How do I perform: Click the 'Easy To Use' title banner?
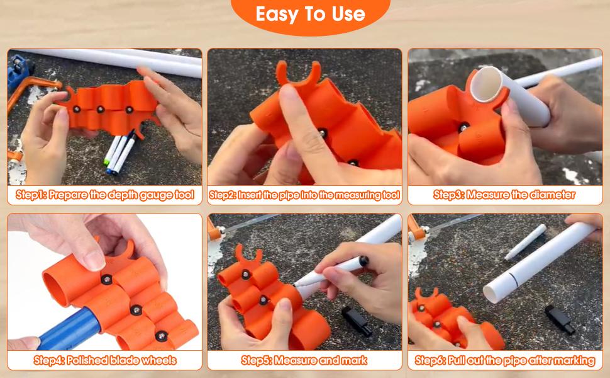(x=310, y=15)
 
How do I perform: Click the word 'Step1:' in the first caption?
(x=31, y=195)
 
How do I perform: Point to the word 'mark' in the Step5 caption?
(x=354, y=360)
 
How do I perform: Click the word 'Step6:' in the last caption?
(x=430, y=360)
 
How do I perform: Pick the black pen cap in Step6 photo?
(x=560, y=319)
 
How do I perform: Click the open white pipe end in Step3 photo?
(x=486, y=84)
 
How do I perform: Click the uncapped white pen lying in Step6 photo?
(x=525, y=242)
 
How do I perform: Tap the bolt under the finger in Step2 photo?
(x=323, y=134)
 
